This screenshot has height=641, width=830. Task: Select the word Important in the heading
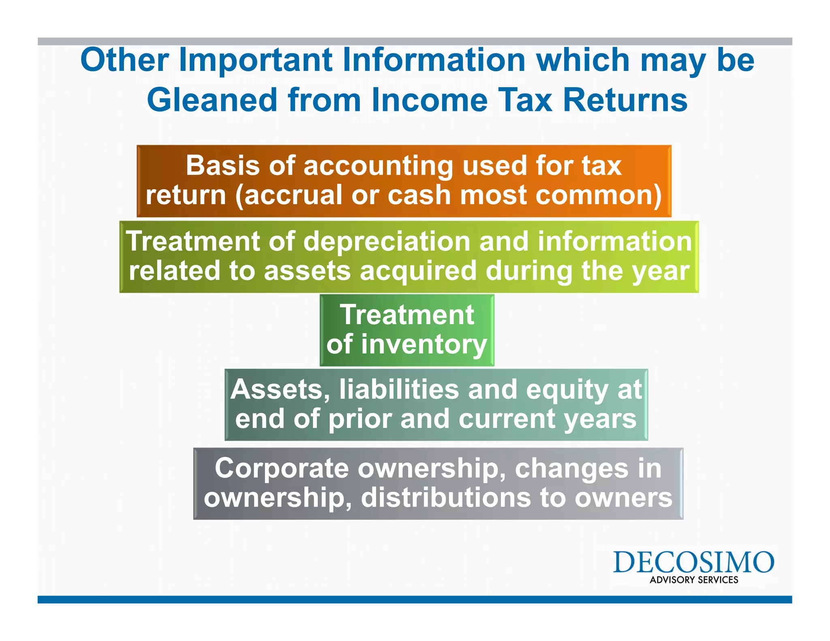pyautogui.click(x=256, y=60)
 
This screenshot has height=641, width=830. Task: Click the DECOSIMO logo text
pyautogui.click(x=693, y=562)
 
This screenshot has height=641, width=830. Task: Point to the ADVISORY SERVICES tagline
pyautogui.click(x=694, y=580)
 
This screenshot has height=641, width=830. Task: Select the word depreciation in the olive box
pyautogui.click(x=387, y=241)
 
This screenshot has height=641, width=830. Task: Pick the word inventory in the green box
pyautogui.click(x=424, y=344)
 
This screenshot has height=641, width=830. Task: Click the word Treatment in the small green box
pyautogui.click(x=407, y=315)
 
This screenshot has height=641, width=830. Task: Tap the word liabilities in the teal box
pyautogui.click(x=399, y=389)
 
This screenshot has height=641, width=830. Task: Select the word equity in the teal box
pyautogui.click(x=567, y=390)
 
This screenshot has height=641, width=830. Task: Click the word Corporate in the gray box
pyautogui.click(x=281, y=468)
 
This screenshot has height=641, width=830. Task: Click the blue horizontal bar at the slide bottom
pyautogui.click(x=415, y=599)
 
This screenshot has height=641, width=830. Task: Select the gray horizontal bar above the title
pyautogui.click(x=415, y=41)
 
